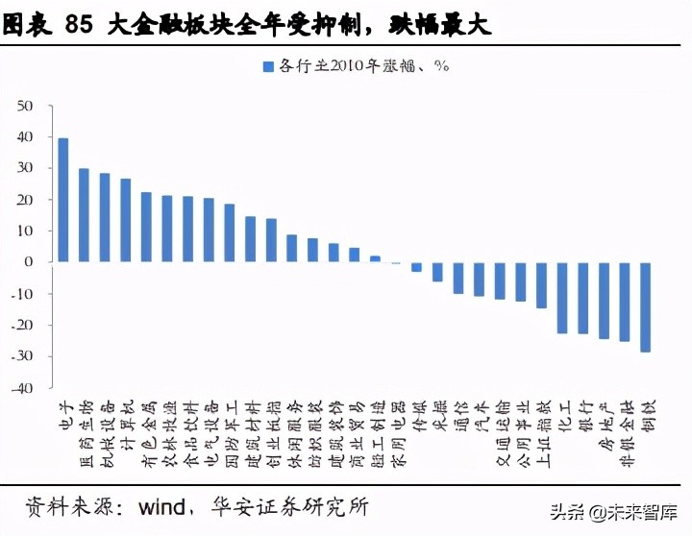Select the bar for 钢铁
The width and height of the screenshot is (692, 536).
tap(645, 306)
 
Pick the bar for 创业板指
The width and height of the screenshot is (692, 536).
tap(271, 240)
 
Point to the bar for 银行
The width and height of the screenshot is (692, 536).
tap(582, 298)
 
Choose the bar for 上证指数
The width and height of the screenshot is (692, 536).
tap(541, 284)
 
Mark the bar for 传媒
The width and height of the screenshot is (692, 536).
tap(416, 266)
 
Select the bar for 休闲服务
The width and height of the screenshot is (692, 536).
tap(292, 248)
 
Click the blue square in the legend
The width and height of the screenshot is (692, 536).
tap(267, 66)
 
